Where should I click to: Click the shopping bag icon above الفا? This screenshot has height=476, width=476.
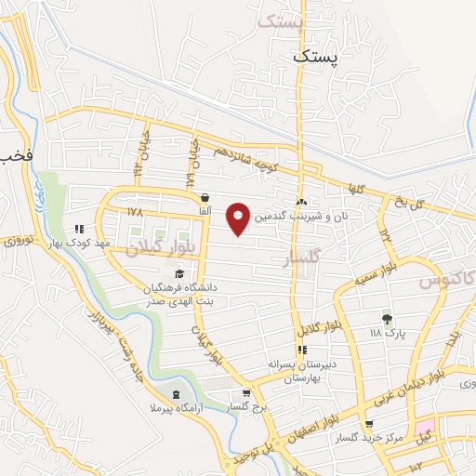coord(204,198)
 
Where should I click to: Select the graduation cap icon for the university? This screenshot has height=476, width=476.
coord(178,273)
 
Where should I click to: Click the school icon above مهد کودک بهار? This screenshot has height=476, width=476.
coord(80,228)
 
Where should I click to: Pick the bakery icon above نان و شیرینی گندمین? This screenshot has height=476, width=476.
coord(301,202)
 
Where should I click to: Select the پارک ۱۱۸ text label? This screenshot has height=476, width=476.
coord(388,332)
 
